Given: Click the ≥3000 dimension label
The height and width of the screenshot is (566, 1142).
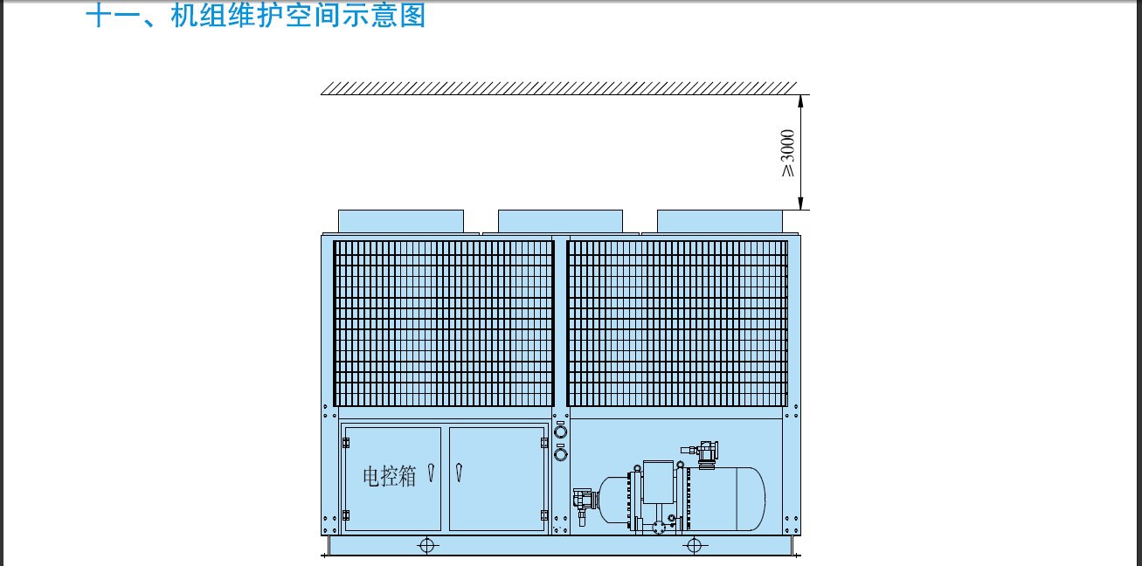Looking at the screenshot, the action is (x=787, y=153).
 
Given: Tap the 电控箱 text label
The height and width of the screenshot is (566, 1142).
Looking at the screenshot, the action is (x=390, y=476).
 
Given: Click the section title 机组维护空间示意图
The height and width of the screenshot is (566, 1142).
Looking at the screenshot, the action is (x=298, y=14).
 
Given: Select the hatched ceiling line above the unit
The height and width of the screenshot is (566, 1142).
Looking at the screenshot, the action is (x=558, y=88).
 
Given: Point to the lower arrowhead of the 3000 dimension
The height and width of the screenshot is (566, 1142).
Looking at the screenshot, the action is (x=801, y=204).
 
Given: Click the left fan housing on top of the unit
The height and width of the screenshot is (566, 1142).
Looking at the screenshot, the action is (x=401, y=221).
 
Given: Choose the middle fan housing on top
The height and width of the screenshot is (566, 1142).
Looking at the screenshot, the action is (x=560, y=221).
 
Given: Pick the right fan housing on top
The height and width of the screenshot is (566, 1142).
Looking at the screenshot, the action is (x=719, y=221).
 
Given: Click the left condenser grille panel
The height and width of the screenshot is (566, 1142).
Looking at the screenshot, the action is (x=443, y=323).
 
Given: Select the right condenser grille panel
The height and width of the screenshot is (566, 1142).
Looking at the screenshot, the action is (x=677, y=323).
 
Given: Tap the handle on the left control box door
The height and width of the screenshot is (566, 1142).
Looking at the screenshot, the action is (x=432, y=473).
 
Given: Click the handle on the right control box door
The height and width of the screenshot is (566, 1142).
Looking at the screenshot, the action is (x=459, y=473).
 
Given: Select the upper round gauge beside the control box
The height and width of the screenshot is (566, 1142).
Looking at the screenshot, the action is (x=560, y=432).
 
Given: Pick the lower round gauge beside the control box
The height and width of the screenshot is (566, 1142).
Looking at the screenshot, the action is (x=560, y=454).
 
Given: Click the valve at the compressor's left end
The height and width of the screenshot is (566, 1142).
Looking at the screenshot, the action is (x=585, y=503).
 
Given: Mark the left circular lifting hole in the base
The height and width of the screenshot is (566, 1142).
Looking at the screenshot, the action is (x=426, y=546).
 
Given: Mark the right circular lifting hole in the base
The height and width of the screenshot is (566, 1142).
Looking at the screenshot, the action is (x=694, y=546).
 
